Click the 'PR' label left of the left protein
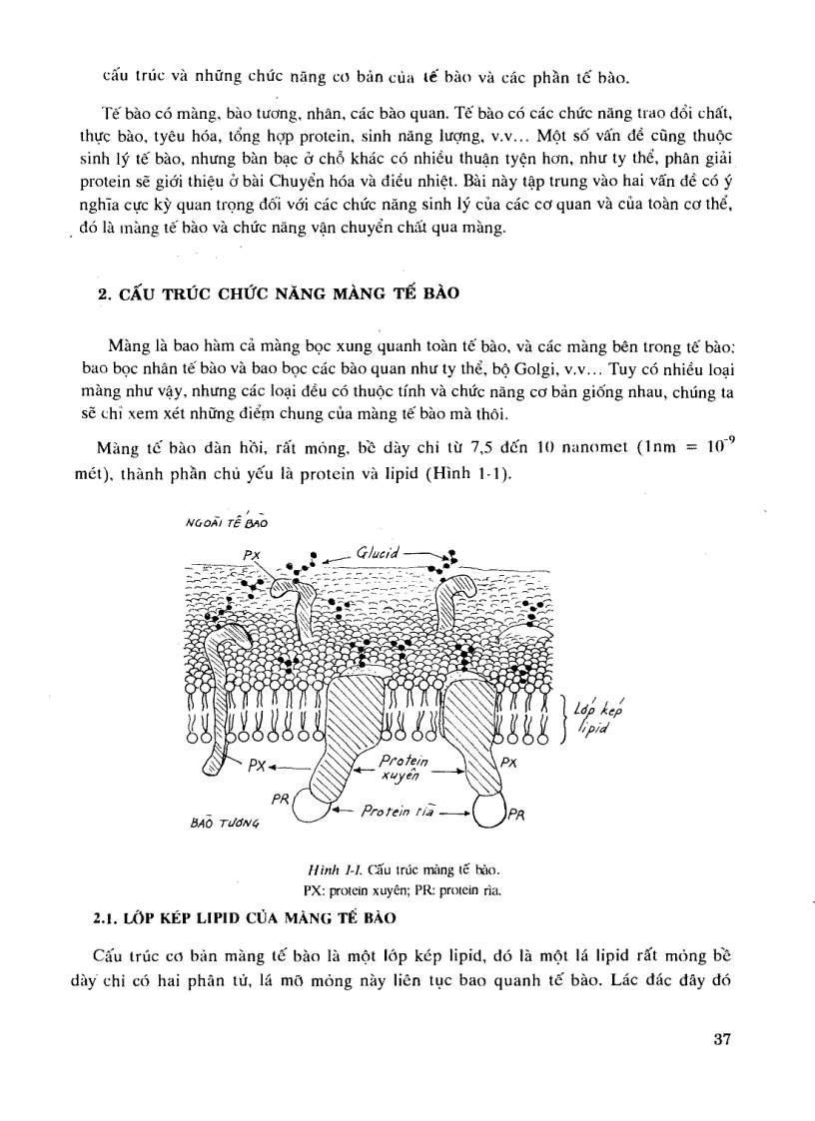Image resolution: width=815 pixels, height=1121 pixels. point(282,799)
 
